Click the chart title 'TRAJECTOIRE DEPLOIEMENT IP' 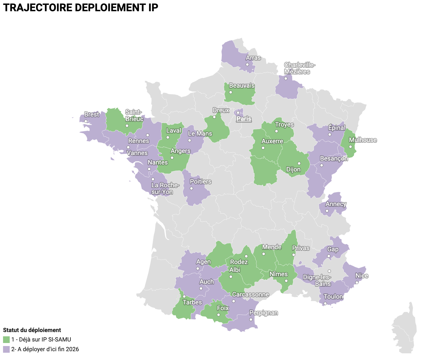[x=80, y=8]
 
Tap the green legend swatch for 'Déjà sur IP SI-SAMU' [x=6, y=339]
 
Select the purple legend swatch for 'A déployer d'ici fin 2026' [x=6, y=349]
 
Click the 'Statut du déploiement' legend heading [x=32, y=330]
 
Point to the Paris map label [x=244, y=119]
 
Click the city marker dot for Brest [x=86, y=121]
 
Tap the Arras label [x=253, y=58]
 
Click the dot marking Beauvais [x=231, y=92]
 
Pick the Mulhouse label [x=363, y=140]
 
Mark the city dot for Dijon [x=299, y=163]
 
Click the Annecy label [x=336, y=204]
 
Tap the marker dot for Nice [x=357, y=283]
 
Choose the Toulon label [x=333, y=297]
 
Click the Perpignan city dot [x=251, y=319]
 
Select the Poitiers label [x=200, y=182]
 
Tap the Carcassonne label [x=250, y=294]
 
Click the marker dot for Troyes [x=276, y=131]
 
